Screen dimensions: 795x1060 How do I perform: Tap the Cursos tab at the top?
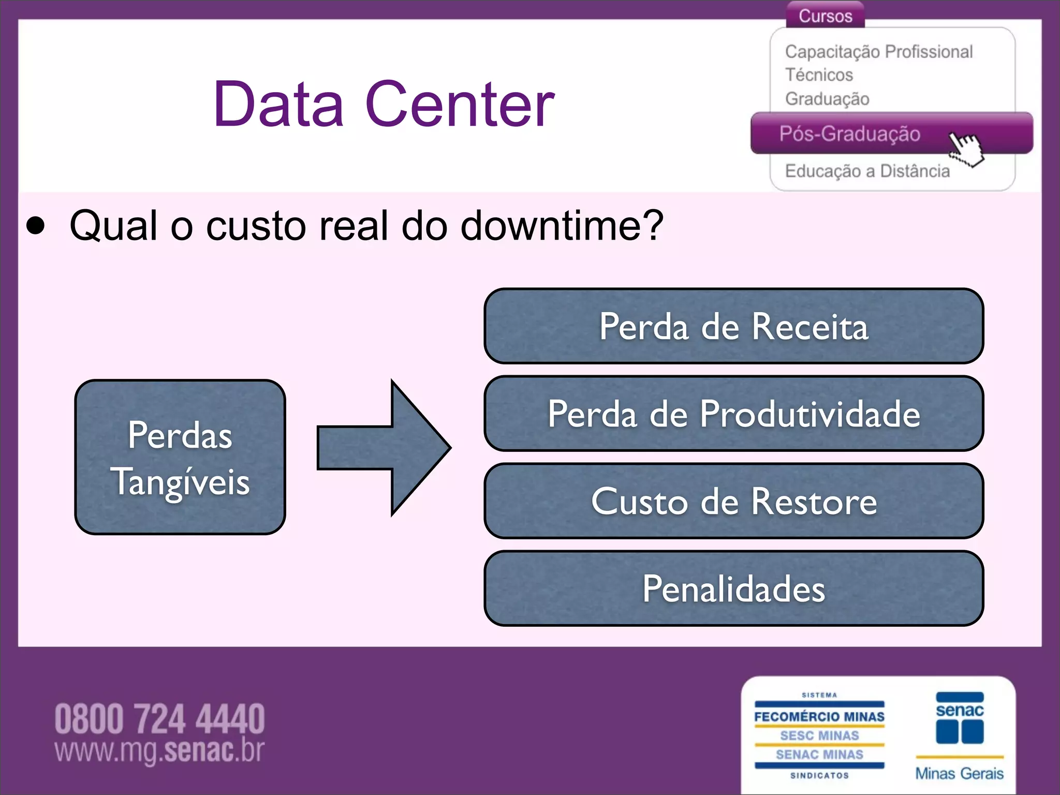pyautogui.click(x=825, y=16)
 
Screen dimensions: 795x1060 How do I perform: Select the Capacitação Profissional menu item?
pyautogui.click(x=878, y=52)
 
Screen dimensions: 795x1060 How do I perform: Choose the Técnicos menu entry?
pyautogui.click(x=819, y=75)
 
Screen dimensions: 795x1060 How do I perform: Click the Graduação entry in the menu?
pyautogui.click(x=827, y=98)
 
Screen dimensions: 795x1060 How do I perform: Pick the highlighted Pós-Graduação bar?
pyautogui.click(x=849, y=134)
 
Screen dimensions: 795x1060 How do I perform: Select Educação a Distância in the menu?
pyautogui.click(x=867, y=171)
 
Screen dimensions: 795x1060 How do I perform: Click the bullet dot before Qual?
pyautogui.click(x=35, y=226)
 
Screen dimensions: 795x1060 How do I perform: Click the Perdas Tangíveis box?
pyautogui.click(x=180, y=457)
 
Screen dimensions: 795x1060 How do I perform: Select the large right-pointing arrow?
pyautogui.click(x=384, y=448)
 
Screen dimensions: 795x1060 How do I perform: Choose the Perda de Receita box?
pyautogui.click(x=733, y=326)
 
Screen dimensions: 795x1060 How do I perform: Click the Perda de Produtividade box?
pyautogui.click(x=733, y=414)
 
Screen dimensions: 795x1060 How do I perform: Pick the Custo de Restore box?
pyautogui.click(x=733, y=501)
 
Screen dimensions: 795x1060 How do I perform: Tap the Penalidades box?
pyautogui.click(x=733, y=588)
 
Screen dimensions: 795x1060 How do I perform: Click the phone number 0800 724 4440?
pyautogui.click(x=159, y=719)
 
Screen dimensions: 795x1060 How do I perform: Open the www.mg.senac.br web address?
pyautogui.click(x=159, y=750)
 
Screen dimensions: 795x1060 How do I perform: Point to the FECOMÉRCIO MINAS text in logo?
pyautogui.click(x=819, y=717)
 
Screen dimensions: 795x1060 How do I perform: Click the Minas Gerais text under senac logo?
pyautogui.click(x=959, y=773)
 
